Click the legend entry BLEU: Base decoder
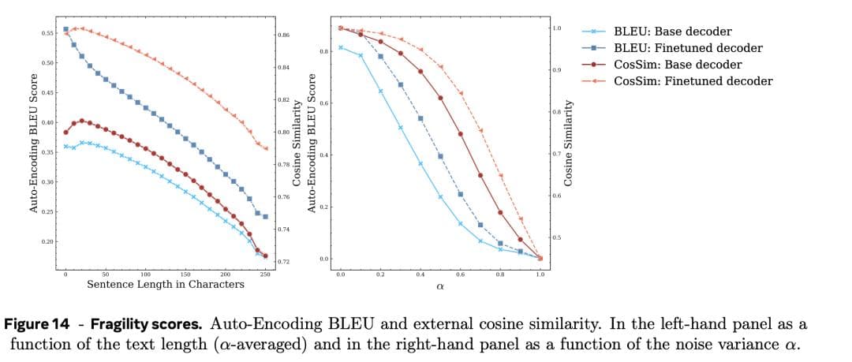pos(673,32)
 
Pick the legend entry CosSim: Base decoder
pos(678,65)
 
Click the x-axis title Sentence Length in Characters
pos(165,284)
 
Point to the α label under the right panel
pos(439,286)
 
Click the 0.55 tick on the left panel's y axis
pos(47,33)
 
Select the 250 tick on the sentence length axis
pos(265,274)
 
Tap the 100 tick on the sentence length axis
pos(145,274)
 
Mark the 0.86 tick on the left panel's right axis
pos(285,35)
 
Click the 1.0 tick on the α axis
pos(540,274)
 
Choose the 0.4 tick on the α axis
pos(420,274)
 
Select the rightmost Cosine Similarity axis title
pos(569,143)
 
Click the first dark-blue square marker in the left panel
pos(65,29)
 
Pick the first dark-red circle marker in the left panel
pos(65,132)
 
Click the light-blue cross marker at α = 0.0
pos(341,47)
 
